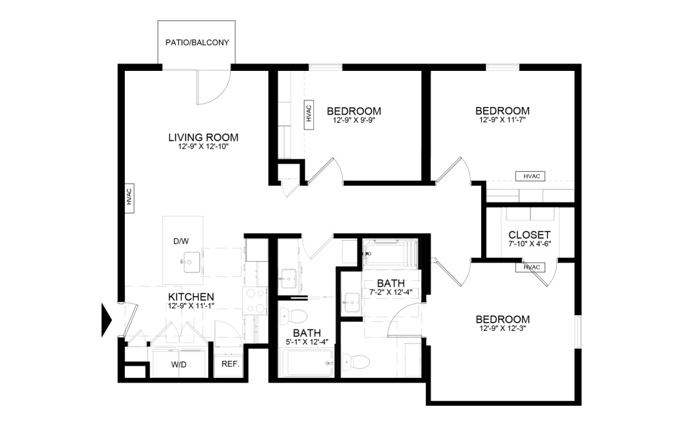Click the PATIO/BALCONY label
pyautogui.click(x=197, y=42)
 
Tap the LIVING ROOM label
pyautogui.click(x=203, y=137)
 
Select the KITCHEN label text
pyautogui.click(x=192, y=297)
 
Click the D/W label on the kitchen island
pyautogui.click(x=180, y=241)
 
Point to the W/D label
pyautogui.click(x=178, y=364)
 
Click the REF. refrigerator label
pyautogui.click(x=230, y=364)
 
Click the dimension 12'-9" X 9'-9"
pyautogui.click(x=353, y=121)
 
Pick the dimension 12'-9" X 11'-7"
pyautogui.click(x=502, y=120)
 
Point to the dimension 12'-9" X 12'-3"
pyautogui.click(x=502, y=329)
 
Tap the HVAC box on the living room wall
pyautogui.click(x=128, y=196)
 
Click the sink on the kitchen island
pyautogui.click(x=190, y=260)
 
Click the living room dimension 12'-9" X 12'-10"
pyautogui.click(x=203, y=147)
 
